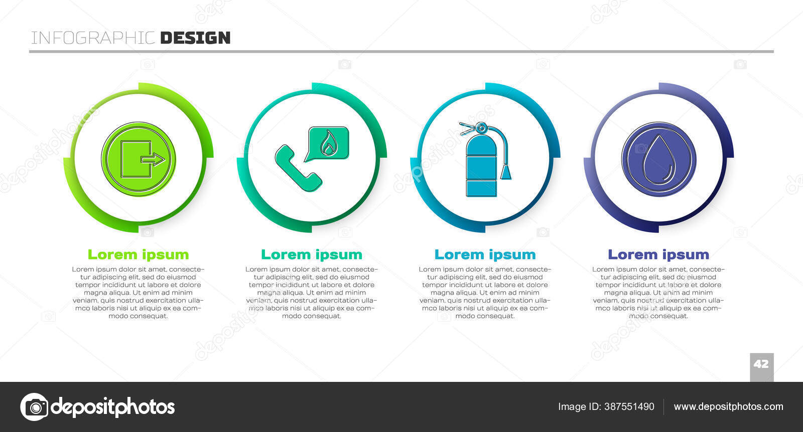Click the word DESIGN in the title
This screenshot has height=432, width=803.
[x=195, y=38]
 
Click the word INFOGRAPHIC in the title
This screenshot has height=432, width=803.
[x=93, y=38]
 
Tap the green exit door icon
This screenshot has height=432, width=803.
[x=139, y=159]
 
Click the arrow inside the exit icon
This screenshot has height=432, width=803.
[x=153, y=158]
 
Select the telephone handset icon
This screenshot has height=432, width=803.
[x=298, y=168]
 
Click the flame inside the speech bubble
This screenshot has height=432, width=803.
[x=328, y=143]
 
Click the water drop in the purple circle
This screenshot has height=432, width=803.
[x=659, y=159]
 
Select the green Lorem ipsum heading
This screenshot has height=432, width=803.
[x=139, y=255]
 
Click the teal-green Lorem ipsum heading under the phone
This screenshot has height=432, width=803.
[x=312, y=255]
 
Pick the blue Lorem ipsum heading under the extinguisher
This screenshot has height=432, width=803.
[x=485, y=255]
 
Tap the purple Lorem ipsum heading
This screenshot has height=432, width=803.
[x=658, y=255]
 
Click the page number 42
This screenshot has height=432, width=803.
[x=761, y=364]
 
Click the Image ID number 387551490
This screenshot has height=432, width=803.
[x=629, y=406]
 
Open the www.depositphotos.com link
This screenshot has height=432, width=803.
[x=728, y=406]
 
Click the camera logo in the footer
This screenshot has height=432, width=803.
[x=35, y=406]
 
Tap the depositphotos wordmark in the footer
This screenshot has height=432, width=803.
[x=113, y=407]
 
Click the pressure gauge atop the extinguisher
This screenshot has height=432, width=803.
[x=481, y=127]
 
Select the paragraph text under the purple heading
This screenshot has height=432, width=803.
[x=658, y=292]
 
